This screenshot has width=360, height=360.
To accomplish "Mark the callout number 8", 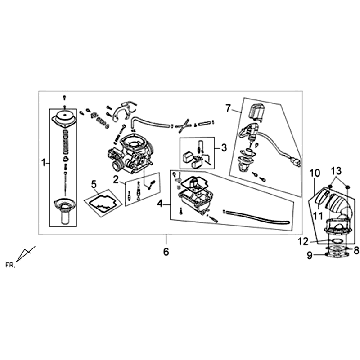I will coord(356,250).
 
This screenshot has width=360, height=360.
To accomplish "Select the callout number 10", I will coord(314,173).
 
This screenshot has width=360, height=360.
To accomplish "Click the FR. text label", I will coord(10,266).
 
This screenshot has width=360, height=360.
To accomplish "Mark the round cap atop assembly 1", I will coord(65,120).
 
